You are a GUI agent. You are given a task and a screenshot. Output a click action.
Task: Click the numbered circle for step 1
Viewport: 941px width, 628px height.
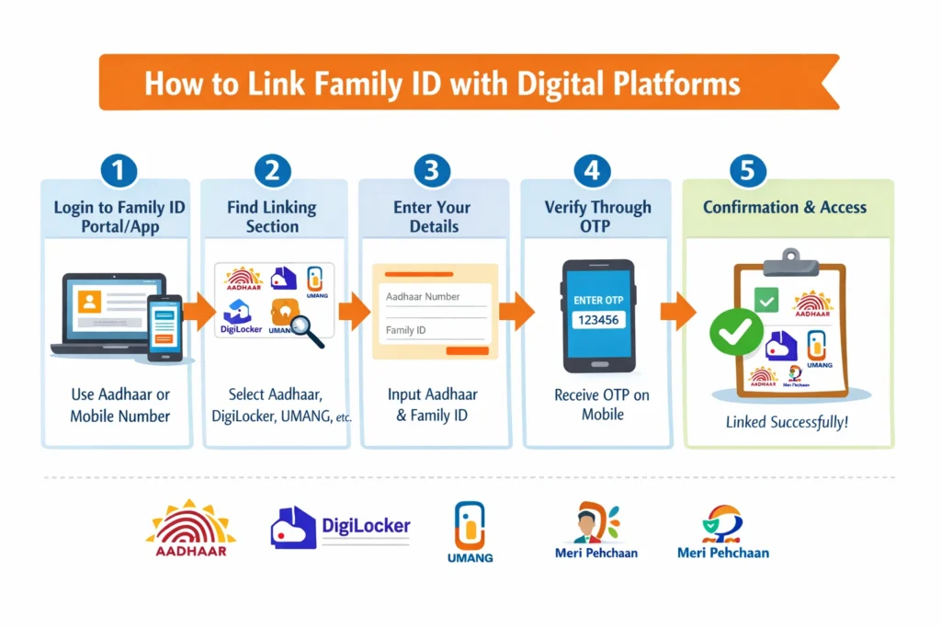click(x=118, y=171)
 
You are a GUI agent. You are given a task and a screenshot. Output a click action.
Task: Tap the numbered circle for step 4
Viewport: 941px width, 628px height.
click(x=592, y=171)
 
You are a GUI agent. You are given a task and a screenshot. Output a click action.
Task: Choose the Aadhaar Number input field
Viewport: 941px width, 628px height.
click(x=435, y=298)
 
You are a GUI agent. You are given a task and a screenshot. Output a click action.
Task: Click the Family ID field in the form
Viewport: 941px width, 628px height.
click(x=434, y=330)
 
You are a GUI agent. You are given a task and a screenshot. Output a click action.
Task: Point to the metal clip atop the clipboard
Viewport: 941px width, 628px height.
click(x=785, y=260)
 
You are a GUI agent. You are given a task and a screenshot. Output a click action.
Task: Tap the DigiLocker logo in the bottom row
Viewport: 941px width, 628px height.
click(x=340, y=528)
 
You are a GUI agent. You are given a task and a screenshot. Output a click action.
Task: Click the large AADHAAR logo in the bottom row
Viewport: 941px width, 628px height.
click(x=191, y=529)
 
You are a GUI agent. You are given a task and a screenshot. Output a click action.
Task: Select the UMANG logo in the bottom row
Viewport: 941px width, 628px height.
click(x=470, y=531)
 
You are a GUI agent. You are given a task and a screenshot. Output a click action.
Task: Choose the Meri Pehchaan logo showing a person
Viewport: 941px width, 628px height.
click(x=596, y=531)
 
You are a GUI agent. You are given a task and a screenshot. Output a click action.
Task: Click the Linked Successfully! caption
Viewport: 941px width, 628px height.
click(x=786, y=423)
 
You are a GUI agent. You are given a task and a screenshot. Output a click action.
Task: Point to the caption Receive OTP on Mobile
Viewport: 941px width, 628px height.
click(x=602, y=405)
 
